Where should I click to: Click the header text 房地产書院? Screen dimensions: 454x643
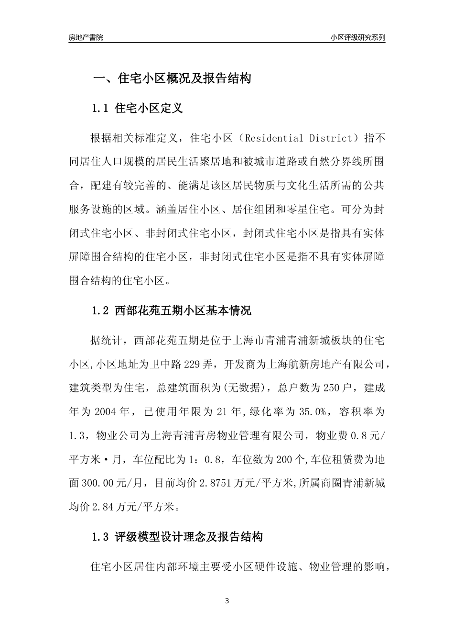tap(86, 37)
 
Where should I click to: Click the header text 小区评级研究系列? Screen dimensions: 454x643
tap(357, 37)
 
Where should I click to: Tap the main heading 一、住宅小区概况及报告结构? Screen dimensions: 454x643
tap(171, 78)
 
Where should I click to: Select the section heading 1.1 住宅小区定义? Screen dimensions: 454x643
tap(137, 109)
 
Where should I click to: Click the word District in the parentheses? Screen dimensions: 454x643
tap(330, 139)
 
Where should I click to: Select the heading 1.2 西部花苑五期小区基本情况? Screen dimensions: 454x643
tap(171, 310)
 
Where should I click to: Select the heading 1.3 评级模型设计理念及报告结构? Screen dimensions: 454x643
tap(177, 537)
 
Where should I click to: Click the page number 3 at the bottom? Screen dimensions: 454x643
tap(227, 601)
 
